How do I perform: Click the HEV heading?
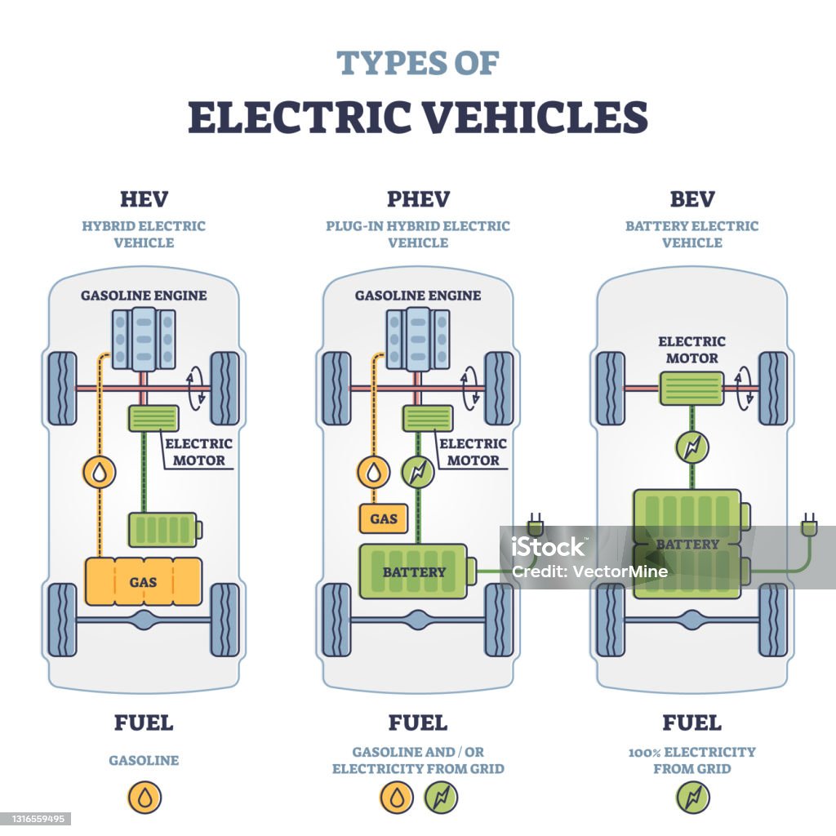pyautogui.click(x=144, y=199)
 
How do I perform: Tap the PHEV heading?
pyautogui.click(x=418, y=199)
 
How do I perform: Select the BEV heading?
pyautogui.click(x=691, y=199)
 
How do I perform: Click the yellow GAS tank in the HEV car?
pyautogui.click(x=144, y=581)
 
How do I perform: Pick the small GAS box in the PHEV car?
pyautogui.click(x=383, y=518)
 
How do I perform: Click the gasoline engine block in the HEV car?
pyautogui.click(x=144, y=339)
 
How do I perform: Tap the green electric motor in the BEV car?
pyautogui.click(x=691, y=388)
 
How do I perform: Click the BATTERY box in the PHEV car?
pyautogui.click(x=415, y=571)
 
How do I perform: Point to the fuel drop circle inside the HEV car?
pyautogui.click(x=100, y=472)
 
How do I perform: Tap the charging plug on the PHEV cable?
pyautogui.click(x=535, y=523)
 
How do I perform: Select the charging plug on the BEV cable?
pyautogui.click(x=808, y=523)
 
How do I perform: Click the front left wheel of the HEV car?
pyautogui.click(x=62, y=389)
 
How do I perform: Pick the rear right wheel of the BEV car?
pyautogui.click(x=772, y=620)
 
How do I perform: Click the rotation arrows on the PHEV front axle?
pyautogui.click(x=469, y=388)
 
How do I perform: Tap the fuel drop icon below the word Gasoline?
pyautogui.click(x=144, y=798)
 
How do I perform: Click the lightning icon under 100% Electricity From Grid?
pyautogui.click(x=692, y=798)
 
